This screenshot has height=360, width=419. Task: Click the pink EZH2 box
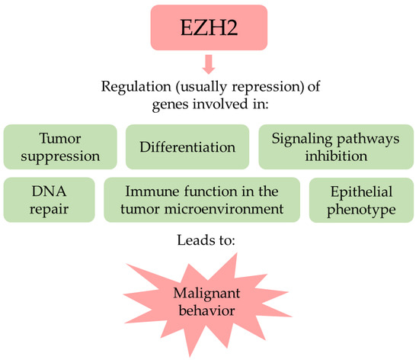[209, 29]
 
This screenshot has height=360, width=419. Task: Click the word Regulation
[133, 85]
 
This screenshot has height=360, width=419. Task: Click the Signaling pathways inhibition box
[334, 146]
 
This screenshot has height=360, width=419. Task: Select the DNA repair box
[50, 200]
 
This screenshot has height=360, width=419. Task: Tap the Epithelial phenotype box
[358, 200]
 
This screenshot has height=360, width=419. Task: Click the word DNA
[50, 191]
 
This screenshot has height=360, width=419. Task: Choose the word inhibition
[334, 156]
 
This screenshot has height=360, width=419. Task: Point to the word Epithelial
[358, 191]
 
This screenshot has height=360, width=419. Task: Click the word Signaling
[302, 137]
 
